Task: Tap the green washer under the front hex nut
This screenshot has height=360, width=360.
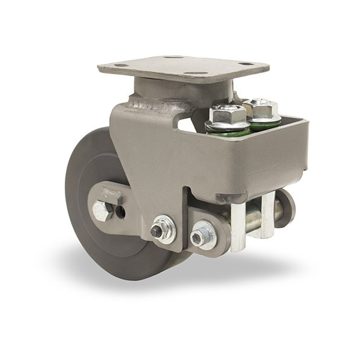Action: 227,127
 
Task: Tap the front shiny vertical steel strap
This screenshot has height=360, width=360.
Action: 238,225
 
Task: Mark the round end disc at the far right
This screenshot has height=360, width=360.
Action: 287,209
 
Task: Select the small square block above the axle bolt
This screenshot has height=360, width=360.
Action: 109,196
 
